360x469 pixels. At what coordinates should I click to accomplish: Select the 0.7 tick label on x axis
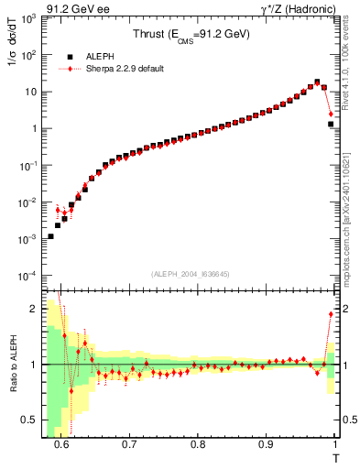pyautogui.click(x=129, y=444)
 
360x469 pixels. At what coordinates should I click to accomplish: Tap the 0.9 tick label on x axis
pyautogui.click(x=266, y=444)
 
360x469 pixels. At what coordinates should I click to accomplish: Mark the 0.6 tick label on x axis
pyautogui.click(x=61, y=444)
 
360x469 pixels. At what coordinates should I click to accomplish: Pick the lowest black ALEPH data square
pyautogui.click(x=50, y=236)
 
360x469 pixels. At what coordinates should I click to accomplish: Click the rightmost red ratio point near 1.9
pyautogui.click(x=331, y=314)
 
